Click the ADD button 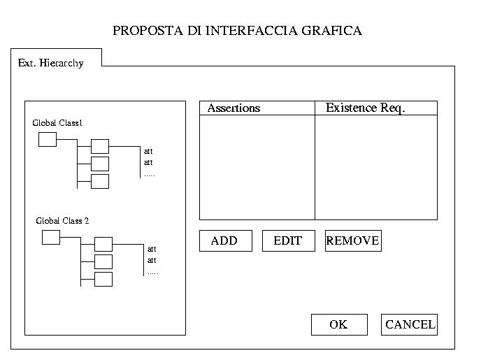tap(225, 240)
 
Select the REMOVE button tap(353, 240)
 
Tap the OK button tap(338, 324)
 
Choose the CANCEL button tap(410, 324)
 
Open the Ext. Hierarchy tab tap(51, 63)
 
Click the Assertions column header tap(234, 108)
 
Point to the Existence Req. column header tap(366, 108)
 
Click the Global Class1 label tap(57, 123)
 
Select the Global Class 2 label tap(62, 221)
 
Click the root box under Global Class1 tap(47, 140)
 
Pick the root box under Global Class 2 tap(51, 238)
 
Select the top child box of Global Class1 tap(100, 147)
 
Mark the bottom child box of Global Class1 tap(100, 182)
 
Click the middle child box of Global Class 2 tap(103, 261)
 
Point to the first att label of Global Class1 tap(148, 151)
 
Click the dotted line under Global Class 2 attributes tap(152, 273)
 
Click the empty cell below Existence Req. tap(375, 167)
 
